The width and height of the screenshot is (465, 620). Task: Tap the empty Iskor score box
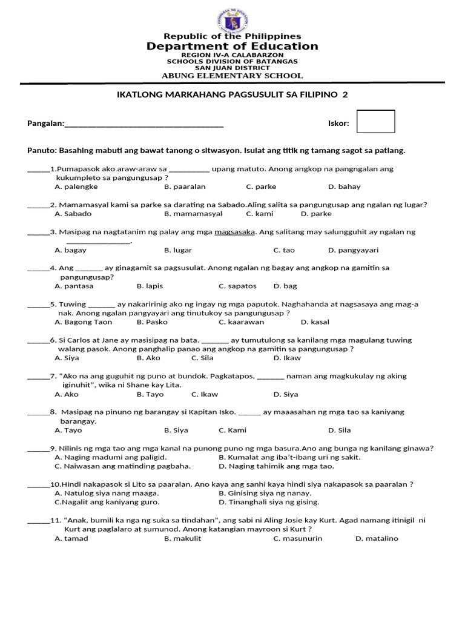pos(375,121)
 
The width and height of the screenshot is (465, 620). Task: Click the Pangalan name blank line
pos(143,124)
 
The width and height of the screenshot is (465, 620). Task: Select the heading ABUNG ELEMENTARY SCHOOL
pos(232,76)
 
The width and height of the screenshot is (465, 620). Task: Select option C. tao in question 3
pos(284,250)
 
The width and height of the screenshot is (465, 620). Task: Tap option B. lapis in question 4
pos(150,286)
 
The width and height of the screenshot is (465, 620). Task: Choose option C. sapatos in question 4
pos(237,286)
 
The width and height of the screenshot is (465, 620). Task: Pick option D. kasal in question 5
pos(315,322)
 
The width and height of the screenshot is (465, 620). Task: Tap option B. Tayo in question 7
pos(150,394)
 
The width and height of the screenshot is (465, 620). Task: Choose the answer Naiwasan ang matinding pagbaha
pos(123,466)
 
